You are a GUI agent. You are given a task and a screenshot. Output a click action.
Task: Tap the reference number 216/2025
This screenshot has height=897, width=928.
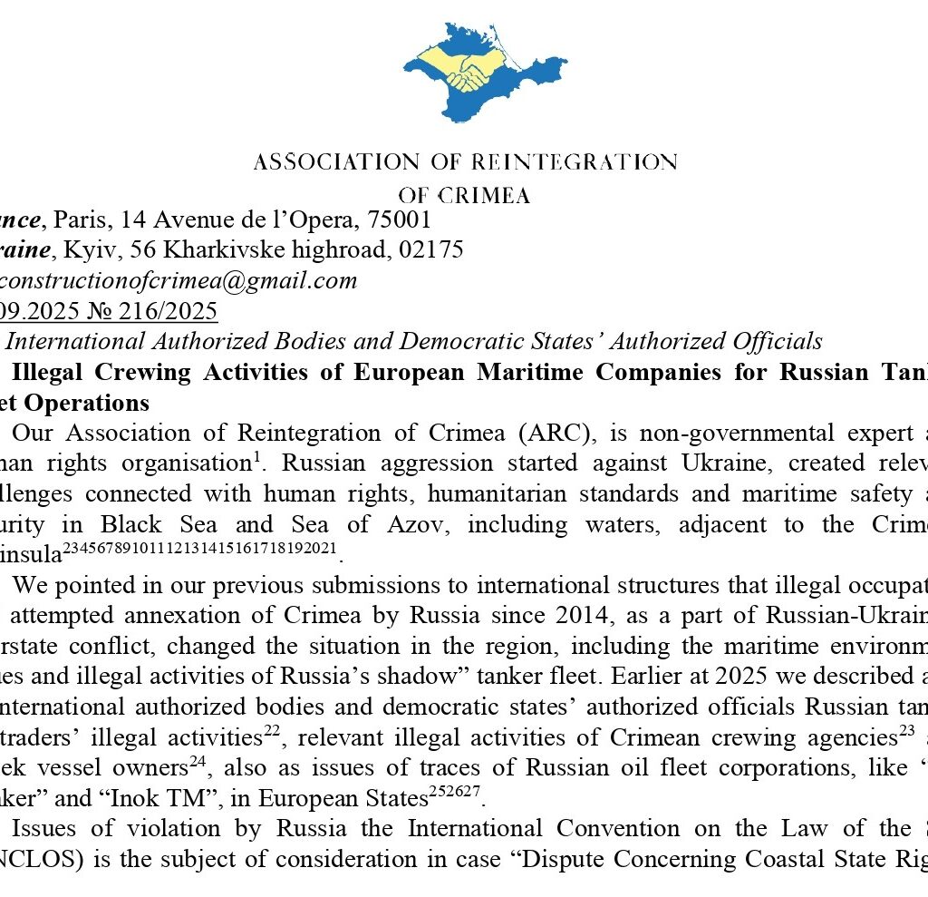(167, 311)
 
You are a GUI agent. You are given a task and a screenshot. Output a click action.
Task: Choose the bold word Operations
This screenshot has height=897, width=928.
(91, 402)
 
